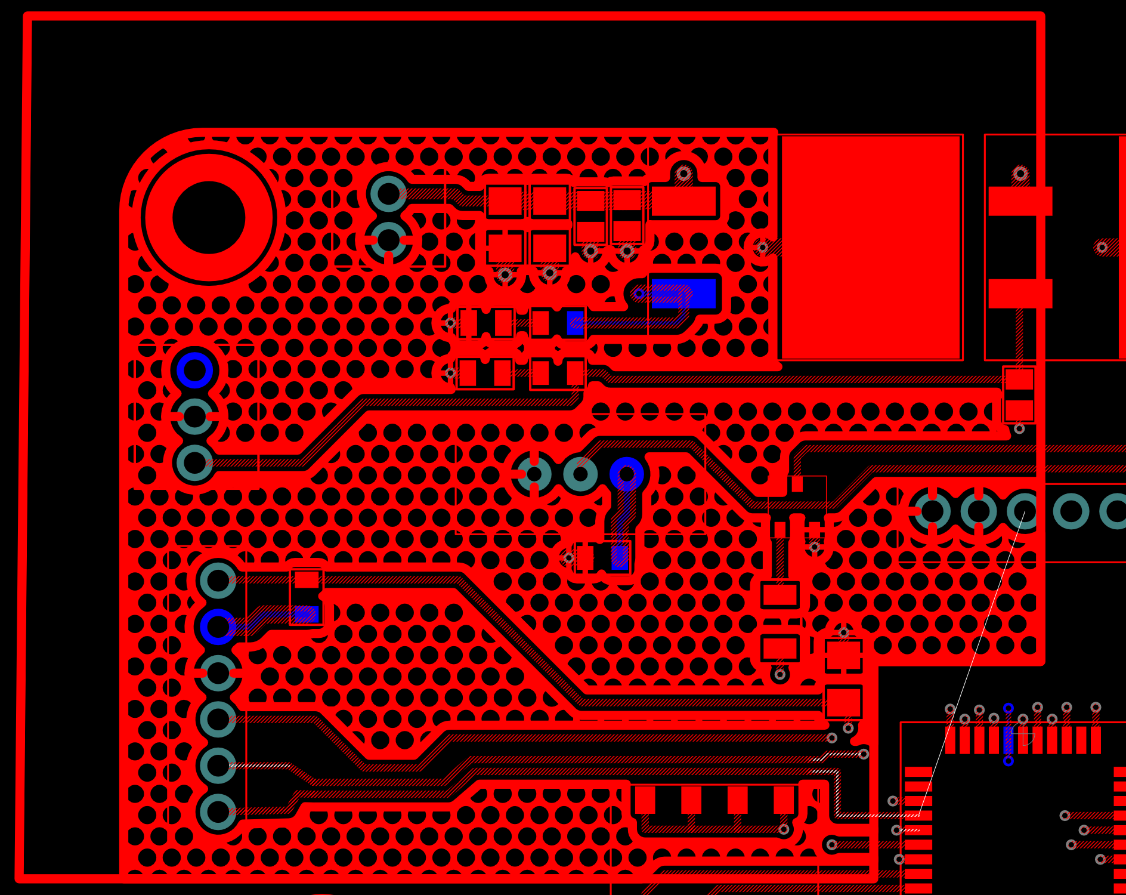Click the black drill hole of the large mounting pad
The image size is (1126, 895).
[x=209, y=217]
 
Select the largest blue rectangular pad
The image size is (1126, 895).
[x=683, y=294]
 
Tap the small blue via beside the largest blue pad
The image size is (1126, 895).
[x=639, y=294]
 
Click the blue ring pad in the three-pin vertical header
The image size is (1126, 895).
[x=194, y=370]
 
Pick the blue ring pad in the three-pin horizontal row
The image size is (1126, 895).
[x=626, y=474]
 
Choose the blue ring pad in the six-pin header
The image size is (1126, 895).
[x=218, y=626]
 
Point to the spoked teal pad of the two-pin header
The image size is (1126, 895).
[x=388, y=240]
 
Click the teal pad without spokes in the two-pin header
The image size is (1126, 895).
[x=388, y=193]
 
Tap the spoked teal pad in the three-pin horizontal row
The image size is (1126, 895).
[x=534, y=474]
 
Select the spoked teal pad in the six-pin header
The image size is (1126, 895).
[x=218, y=673]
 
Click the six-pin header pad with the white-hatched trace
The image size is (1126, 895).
[x=218, y=766]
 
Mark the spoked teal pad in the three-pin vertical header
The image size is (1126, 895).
[x=194, y=416]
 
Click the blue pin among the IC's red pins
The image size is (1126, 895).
[x=1009, y=740]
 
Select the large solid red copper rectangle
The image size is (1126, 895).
[x=871, y=247]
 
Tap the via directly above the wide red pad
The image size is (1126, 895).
[x=683, y=174]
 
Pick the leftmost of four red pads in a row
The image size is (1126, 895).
[x=645, y=800]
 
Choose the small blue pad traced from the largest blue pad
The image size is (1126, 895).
[x=576, y=323]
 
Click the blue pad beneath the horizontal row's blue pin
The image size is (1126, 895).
[x=620, y=557]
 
